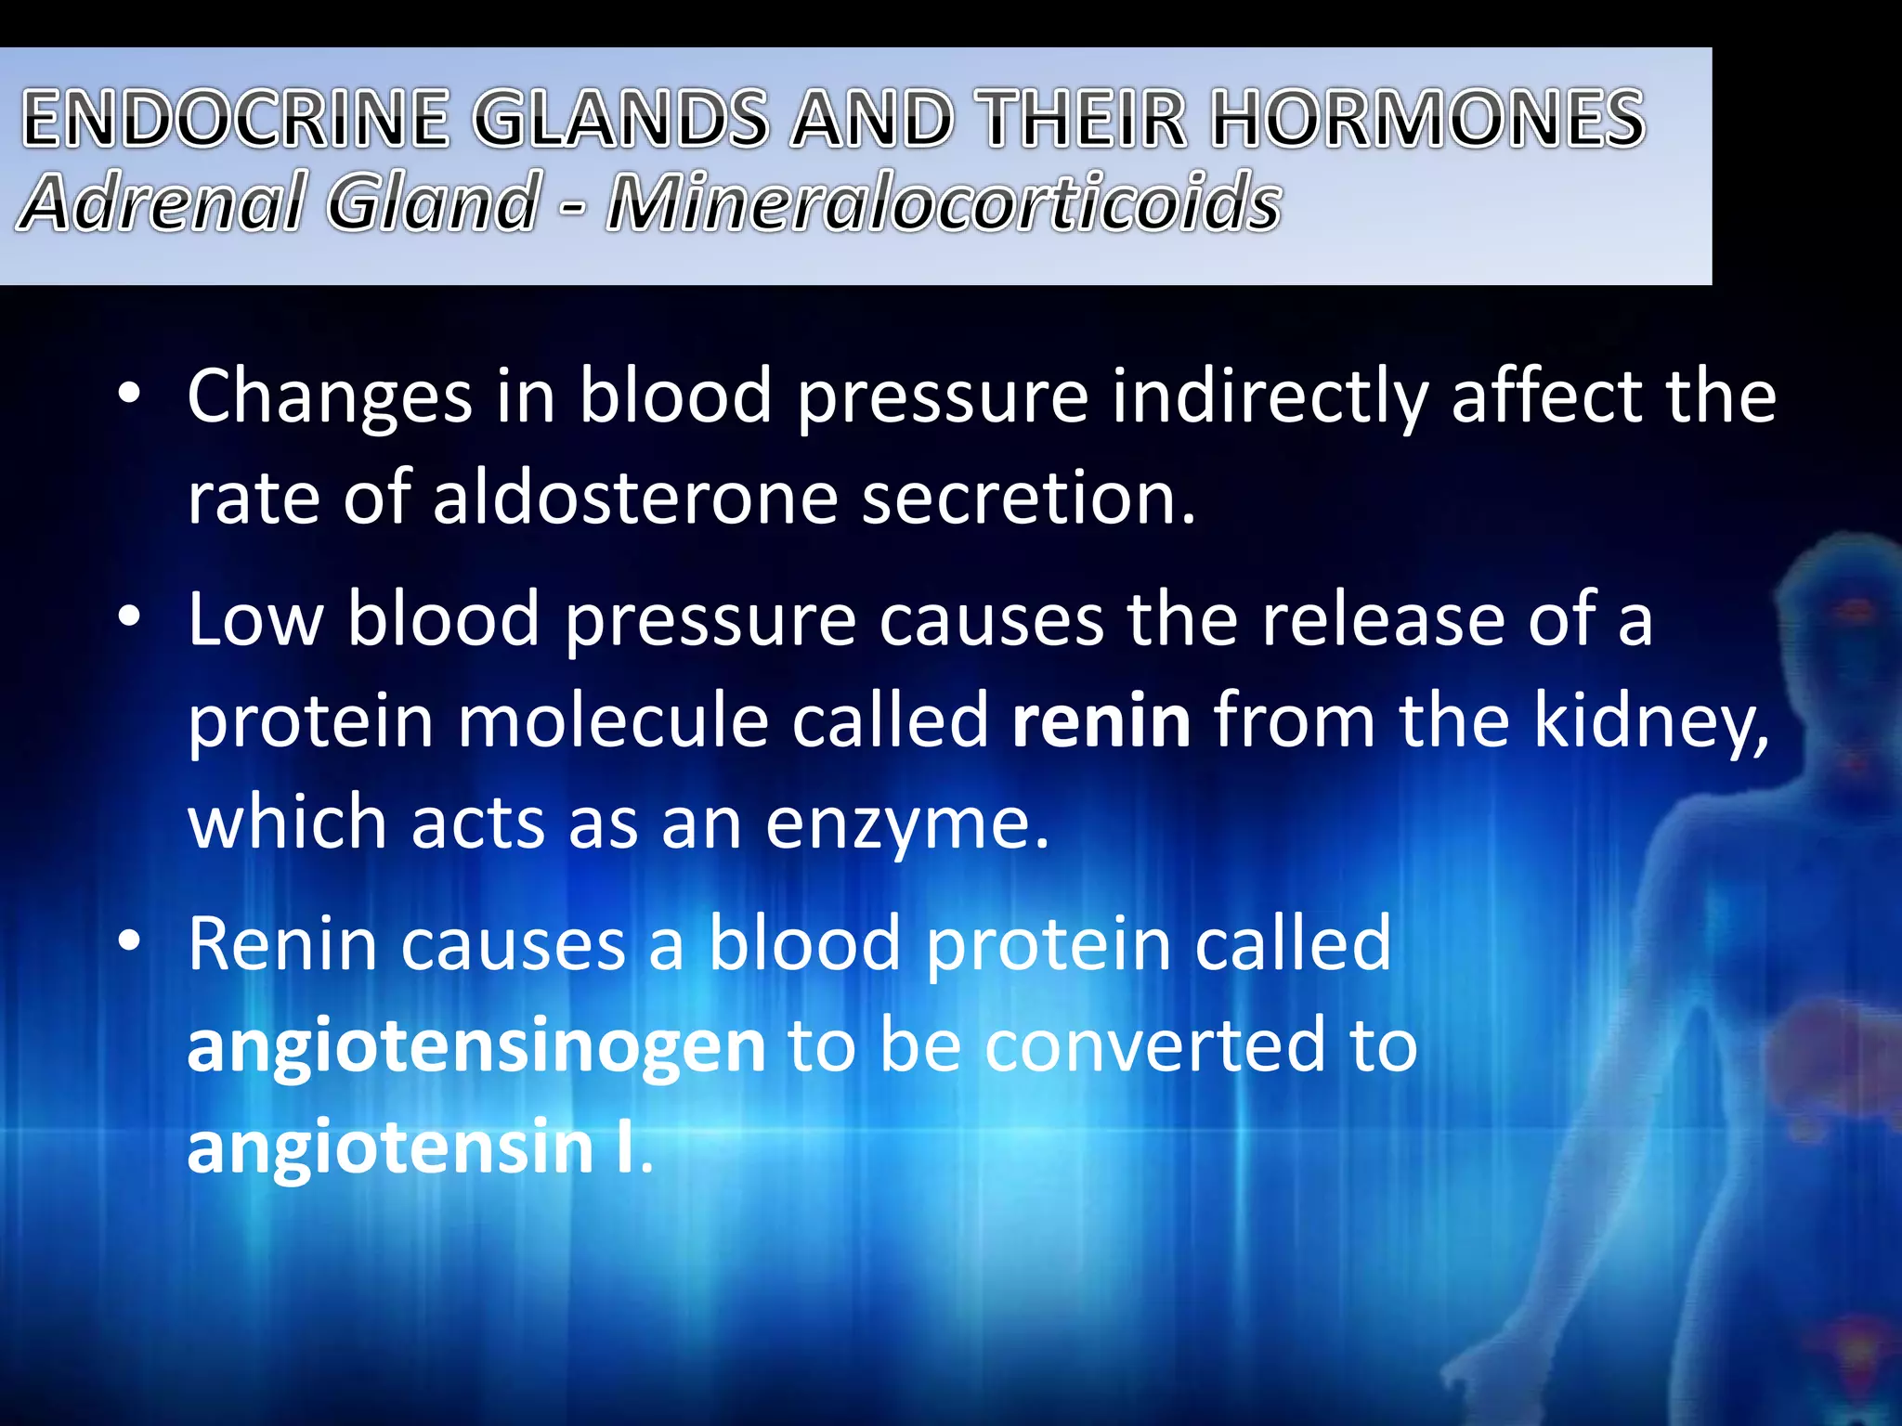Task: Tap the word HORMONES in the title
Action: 1428,119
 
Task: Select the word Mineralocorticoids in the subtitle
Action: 944,202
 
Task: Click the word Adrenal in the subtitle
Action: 161,202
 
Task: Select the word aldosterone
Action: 635,498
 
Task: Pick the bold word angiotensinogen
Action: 476,1045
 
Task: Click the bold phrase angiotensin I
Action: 413,1147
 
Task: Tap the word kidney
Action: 1650,722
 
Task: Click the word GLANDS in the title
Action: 620,119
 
